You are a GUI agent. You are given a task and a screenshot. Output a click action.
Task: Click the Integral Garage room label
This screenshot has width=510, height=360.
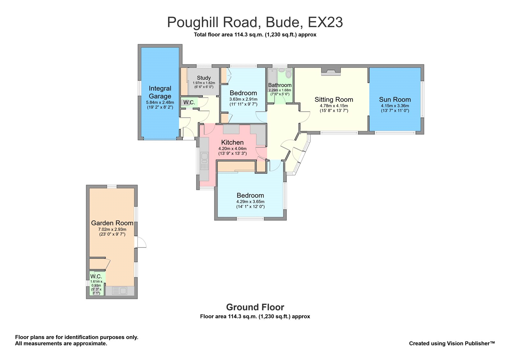[160, 92]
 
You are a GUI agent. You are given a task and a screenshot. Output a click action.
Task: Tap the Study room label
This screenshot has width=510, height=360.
[204, 78]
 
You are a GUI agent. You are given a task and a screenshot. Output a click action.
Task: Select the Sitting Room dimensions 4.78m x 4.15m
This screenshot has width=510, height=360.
[334, 106]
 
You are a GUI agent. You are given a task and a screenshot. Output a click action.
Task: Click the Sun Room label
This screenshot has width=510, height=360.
[395, 99]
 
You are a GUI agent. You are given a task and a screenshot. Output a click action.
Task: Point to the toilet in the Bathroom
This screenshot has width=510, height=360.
[288, 74]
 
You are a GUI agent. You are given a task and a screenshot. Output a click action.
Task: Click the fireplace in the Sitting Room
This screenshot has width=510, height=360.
[331, 72]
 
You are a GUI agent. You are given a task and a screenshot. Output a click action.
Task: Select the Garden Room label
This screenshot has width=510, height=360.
[112, 223]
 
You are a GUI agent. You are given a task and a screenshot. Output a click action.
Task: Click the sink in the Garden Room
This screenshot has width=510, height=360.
[120, 291]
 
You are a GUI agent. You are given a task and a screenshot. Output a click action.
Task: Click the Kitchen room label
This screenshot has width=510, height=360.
[232, 142]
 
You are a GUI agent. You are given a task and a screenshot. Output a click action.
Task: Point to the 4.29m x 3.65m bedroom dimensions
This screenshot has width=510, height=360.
[250, 202]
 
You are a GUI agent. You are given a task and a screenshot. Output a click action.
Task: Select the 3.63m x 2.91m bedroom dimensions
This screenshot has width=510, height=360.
[243, 99]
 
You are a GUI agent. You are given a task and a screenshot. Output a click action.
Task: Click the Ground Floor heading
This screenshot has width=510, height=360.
[255, 307]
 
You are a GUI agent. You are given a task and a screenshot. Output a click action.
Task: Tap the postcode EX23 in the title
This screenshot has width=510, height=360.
[325, 22]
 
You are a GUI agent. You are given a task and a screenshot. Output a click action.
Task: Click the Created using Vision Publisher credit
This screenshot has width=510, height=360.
[452, 343]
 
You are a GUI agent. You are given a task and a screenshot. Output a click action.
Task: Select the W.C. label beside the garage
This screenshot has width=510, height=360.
[189, 103]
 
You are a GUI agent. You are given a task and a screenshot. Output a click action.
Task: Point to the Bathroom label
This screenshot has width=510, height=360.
[280, 85]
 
